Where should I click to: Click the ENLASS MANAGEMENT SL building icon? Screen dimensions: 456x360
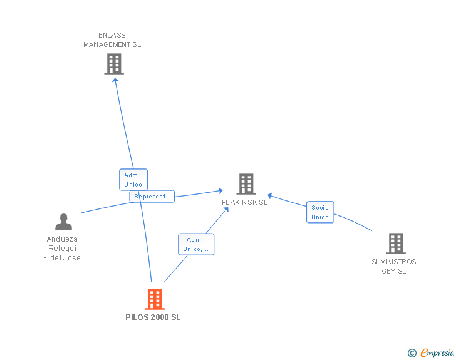click(x=113, y=64)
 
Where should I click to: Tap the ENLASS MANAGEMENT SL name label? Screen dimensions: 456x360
click(x=112, y=40)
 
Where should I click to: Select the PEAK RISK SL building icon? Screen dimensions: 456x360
click(x=246, y=184)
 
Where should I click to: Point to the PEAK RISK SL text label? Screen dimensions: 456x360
click(x=244, y=202)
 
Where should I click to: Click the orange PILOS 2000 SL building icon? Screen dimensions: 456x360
click(x=154, y=299)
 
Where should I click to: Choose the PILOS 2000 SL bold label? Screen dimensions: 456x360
click(x=153, y=317)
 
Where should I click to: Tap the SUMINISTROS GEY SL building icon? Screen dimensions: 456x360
click(x=395, y=244)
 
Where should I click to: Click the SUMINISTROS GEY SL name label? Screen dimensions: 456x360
click(x=393, y=267)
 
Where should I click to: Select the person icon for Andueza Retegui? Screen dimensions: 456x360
click(x=63, y=222)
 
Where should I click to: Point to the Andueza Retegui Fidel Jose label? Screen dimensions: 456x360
click(x=62, y=249)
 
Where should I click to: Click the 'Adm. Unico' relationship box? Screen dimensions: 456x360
click(x=133, y=180)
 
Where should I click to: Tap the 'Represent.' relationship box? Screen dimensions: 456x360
click(x=152, y=197)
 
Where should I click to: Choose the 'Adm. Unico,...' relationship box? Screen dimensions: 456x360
click(x=196, y=244)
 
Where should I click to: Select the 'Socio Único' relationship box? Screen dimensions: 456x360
click(x=320, y=212)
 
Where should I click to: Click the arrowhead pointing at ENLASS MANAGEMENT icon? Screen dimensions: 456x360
click(x=115, y=80)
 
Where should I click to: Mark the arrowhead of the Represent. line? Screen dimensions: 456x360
click(x=220, y=190)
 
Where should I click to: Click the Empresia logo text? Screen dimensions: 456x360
click(x=437, y=353)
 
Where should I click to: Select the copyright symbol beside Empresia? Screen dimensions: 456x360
click(x=412, y=353)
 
